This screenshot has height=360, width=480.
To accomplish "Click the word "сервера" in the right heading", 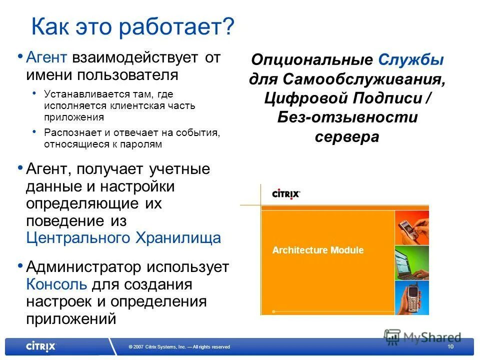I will [346, 136].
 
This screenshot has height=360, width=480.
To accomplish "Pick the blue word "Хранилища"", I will [178, 237].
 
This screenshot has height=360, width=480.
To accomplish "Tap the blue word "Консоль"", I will [56, 284].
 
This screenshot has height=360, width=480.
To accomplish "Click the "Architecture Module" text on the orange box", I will [318, 250].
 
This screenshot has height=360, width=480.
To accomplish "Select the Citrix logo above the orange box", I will [285, 193].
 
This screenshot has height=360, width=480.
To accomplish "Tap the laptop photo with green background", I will [411, 262].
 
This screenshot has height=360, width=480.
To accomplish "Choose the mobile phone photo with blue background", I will [411, 297].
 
